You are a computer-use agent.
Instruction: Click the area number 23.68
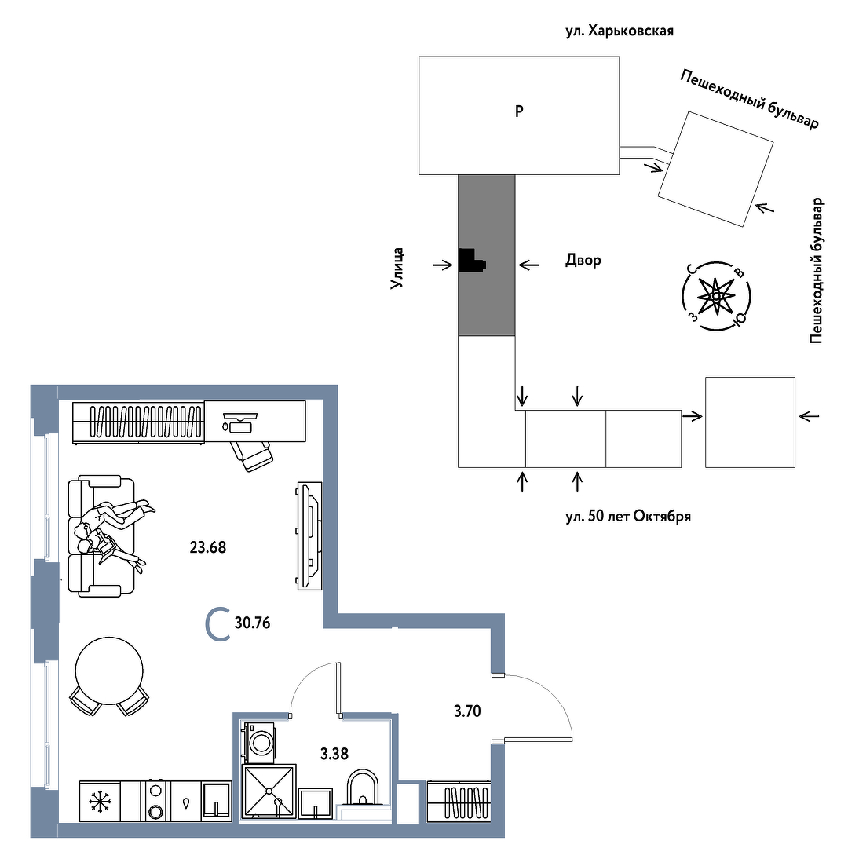pos(207,547)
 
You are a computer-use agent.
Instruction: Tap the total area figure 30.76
pos(252,623)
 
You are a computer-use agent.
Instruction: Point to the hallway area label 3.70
pos(466,711)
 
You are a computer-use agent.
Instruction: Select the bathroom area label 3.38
pos(334,753)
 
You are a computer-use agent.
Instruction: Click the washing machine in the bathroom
pos(260,742)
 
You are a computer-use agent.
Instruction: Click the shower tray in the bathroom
pos(269,791)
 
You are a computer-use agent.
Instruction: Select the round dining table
pos(109,671)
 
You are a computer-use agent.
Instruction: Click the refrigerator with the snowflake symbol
pos(100,801)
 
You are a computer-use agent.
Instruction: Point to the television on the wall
pos(309,535)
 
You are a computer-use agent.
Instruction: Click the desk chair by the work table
pos(251,455)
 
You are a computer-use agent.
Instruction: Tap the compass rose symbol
pos(716,296)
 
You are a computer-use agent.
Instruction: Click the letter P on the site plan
pos(519,111)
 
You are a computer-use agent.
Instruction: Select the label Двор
pos(583,260)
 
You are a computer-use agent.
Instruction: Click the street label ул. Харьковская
pos(620,31)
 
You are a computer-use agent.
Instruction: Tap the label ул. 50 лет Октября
pos(628,516)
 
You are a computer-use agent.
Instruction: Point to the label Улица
pos(397,269)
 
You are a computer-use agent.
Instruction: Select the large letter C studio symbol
pos(218,625)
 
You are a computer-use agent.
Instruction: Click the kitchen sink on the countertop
pos(217,801)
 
